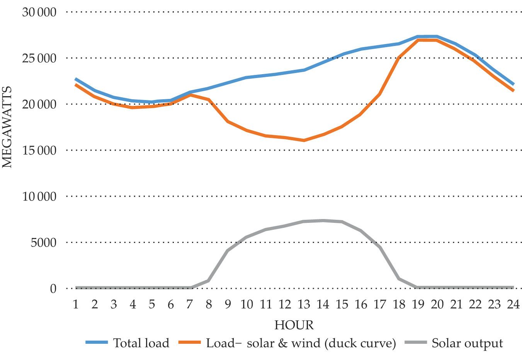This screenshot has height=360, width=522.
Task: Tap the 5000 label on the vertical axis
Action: point(44,243)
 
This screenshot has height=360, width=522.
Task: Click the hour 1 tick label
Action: point(76,305)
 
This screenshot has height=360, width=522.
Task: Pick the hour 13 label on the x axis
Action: point(304,305)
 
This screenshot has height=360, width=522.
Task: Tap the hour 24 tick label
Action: point(513,305)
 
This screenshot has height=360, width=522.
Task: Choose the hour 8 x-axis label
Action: point(209,305)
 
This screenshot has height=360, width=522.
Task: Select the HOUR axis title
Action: point(294,325)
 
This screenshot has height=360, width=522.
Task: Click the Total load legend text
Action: point(141,343)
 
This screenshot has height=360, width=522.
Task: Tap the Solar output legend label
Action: point(468,343)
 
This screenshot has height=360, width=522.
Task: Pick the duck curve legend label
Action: point(301,343)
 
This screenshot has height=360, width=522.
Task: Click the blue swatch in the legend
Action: point(97,343)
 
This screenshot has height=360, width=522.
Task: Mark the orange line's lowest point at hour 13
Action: point(304,140)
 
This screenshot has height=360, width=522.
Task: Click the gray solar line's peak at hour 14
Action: point(323,221)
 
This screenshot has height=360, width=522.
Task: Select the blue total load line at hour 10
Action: point(247,78)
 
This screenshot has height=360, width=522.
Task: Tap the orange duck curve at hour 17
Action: point(380,94)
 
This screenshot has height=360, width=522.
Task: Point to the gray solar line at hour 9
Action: point(228,251)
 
